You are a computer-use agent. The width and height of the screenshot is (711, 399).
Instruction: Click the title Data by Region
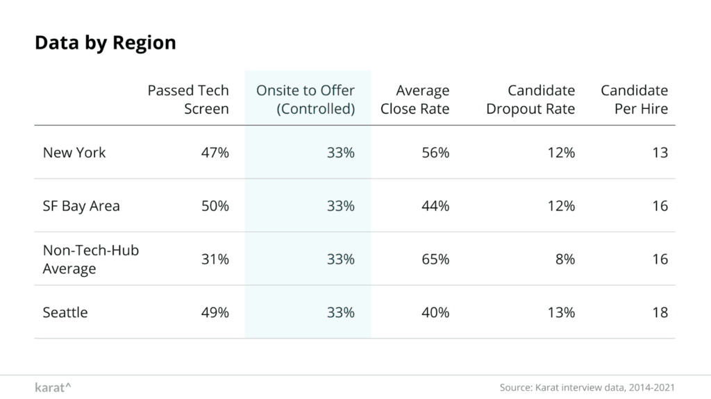pos(105,43)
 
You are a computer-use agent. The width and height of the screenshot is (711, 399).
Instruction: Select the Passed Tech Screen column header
pos(188,100)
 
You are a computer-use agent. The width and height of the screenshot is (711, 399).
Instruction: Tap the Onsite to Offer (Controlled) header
pos(306,100)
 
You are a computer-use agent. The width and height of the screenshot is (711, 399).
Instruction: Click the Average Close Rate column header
pos(415,100)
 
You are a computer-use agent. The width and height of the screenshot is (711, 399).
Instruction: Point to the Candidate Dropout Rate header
pos(530,100)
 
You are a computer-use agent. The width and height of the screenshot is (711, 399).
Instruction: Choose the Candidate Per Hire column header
pos(634,100)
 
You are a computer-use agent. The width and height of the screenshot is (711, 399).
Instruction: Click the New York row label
pos(74,153)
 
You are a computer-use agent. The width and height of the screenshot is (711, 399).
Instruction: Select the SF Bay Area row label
pos(81,206)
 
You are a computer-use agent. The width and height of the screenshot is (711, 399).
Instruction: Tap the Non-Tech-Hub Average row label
pos(90,259)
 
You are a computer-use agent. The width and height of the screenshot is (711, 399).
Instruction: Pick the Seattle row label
pos(65,312)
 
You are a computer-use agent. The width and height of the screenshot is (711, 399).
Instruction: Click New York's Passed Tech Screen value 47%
pos(215,153)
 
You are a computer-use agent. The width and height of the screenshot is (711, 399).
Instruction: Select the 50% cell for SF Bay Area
pos(215,206)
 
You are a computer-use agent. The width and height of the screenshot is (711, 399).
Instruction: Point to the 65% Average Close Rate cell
pos(435,259)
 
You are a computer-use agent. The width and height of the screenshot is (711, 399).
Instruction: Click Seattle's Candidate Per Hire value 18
pos(660,312)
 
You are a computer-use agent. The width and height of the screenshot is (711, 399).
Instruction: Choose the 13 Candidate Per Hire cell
pos(660,153)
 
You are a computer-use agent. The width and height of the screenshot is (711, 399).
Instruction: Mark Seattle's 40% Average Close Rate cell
pos(435,312)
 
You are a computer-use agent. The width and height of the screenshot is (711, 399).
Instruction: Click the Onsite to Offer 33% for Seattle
pos(340,312)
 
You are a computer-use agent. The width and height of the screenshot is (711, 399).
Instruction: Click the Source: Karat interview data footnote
pos(587,387)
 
